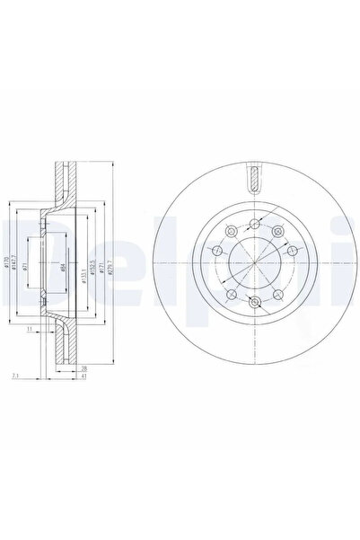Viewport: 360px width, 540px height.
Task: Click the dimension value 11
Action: pos(30,331)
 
